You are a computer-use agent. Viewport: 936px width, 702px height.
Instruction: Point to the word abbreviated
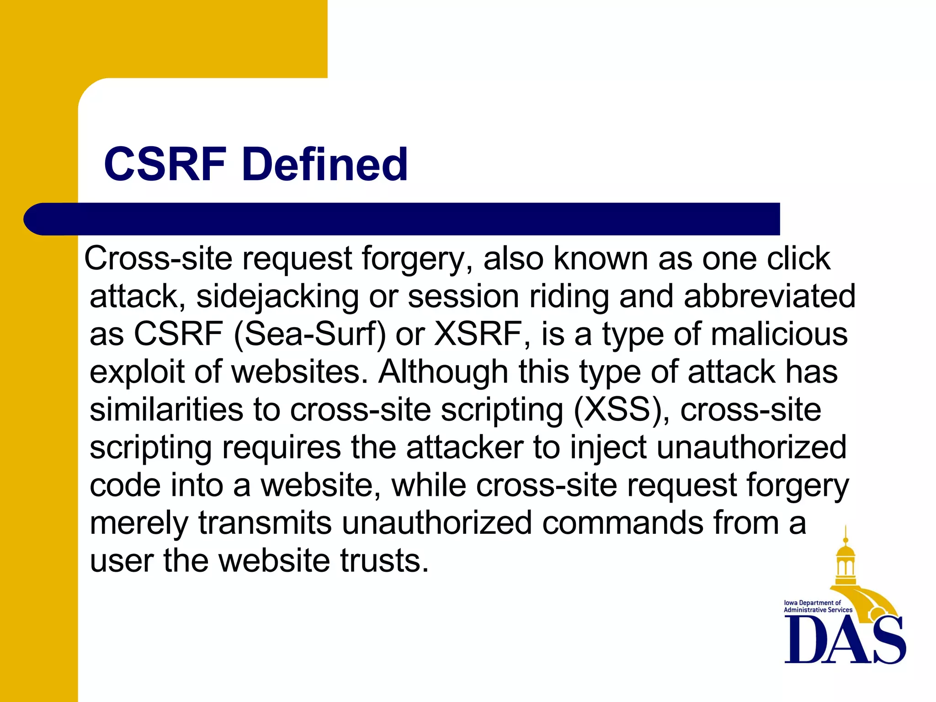click(769, 297)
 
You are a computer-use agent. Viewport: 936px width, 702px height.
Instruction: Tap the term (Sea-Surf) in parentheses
click(310, 334)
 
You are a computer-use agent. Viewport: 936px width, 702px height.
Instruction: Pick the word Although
click(443, 372)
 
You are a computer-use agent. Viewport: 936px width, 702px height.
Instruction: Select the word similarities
click(166, 409)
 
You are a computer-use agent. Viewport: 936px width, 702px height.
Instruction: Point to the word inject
click(608, 447)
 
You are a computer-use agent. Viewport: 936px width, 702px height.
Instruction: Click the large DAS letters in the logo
click(845, 640)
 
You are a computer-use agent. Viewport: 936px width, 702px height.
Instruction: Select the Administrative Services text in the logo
click(818, 610)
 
